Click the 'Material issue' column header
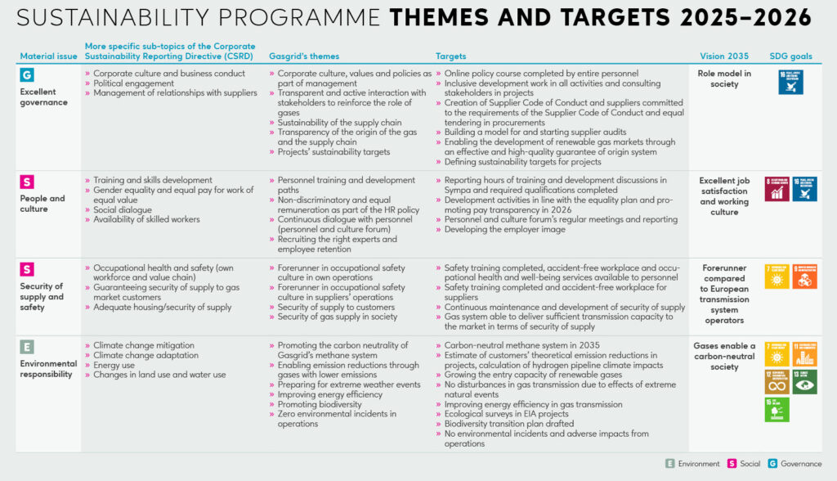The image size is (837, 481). [48, 56]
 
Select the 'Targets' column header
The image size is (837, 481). [450, 56]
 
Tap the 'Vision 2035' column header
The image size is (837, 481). [723, 56]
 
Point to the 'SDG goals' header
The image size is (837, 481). [790, 56]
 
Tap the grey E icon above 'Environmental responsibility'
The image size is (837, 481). [27, 347]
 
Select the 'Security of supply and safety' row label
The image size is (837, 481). [42, 297]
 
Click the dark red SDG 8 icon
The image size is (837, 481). [777, 189]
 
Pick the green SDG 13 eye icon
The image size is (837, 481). [804, 381]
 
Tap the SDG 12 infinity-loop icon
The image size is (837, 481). [777, 381]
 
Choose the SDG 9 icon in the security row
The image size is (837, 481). [804, 276]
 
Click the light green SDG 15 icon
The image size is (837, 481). [777, 409]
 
